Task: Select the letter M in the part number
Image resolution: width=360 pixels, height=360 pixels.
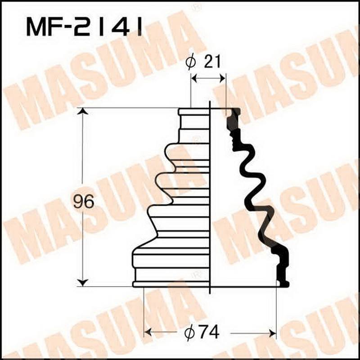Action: (x=36, y=27)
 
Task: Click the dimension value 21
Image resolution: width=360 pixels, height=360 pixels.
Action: (x=213, y=62)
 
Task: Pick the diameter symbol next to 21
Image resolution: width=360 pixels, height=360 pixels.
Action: (x=191, y=63)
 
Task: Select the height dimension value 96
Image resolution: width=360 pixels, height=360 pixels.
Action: (x=84, y=202)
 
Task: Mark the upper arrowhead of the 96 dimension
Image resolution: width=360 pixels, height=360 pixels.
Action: (x=82, y=111)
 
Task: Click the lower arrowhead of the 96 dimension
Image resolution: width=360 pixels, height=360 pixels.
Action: (x=82, y=282)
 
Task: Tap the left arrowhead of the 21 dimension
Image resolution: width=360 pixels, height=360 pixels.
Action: (x=194, y=78)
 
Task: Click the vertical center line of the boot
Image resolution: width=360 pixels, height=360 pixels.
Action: (x=211, y=198)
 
